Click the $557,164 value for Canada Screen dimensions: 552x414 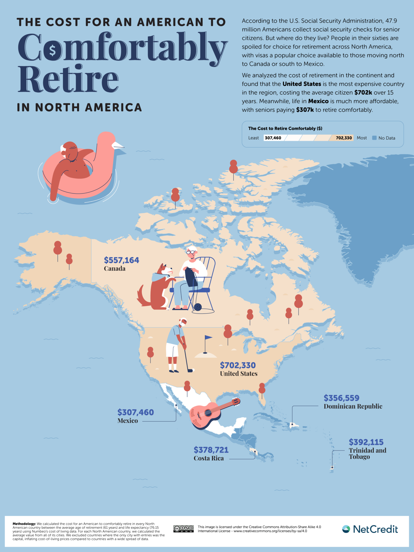coord(121,260)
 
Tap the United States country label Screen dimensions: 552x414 coord(239,374)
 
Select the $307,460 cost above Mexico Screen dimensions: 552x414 coord(135,412)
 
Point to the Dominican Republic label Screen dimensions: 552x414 coord(353,406)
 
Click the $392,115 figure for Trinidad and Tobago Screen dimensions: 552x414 coord(366,442)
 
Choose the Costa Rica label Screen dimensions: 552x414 coord(209,458)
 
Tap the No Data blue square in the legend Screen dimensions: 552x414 coord(374,138)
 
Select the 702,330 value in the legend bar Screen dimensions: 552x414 coord(344,138)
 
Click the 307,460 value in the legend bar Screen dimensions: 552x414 coord(273,138)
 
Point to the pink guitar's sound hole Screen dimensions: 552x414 coord(208,413)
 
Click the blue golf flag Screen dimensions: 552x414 coord(208,337)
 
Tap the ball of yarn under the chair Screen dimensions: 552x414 coord(198,307)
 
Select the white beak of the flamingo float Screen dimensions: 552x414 coord(119,146)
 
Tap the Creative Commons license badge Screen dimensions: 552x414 coord(183,529)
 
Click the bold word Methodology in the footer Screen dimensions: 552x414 coord(24,524)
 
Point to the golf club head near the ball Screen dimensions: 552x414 coord(190,371)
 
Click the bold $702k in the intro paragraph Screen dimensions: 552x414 coord(363,92)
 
